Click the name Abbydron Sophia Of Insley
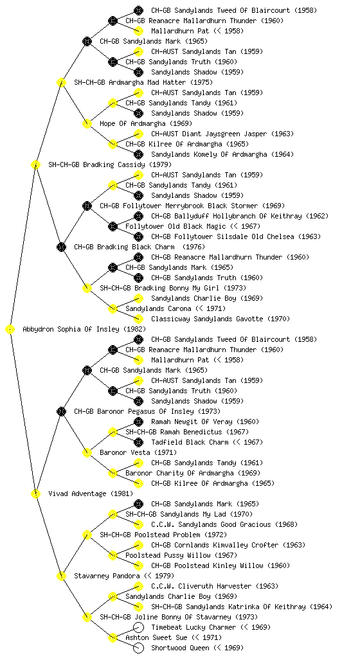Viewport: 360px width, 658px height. click(71, 330)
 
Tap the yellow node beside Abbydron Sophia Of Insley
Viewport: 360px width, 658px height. click(10, 330)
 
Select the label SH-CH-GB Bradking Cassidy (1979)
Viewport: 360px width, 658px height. click(110, 165)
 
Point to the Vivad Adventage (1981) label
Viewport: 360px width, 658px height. click(91, 494)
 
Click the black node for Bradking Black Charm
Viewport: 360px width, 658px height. click(61, 247)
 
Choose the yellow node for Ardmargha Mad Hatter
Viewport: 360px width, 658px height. click(61, 83)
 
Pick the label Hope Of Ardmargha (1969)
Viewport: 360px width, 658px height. click(146, 124)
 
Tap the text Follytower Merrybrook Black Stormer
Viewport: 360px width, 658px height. click(179, 206)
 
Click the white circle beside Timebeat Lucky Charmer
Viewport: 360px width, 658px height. click(138, 627)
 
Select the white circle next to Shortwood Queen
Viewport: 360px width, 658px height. click(138, 648)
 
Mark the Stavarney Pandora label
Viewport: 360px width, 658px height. click(107, 576)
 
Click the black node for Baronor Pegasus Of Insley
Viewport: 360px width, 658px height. click(61, 412)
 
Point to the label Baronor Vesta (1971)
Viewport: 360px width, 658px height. click(138, 453)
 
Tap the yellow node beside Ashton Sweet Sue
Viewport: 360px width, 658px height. click(113, 638)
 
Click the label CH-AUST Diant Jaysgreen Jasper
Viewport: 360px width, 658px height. click(209, 134)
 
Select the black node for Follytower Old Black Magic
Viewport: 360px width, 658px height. click(113, 227)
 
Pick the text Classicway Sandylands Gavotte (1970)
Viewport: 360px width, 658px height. click(221, 319)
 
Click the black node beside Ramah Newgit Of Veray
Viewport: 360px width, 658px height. click(138, 422)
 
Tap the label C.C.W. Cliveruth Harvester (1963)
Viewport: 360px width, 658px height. click(213, 586)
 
